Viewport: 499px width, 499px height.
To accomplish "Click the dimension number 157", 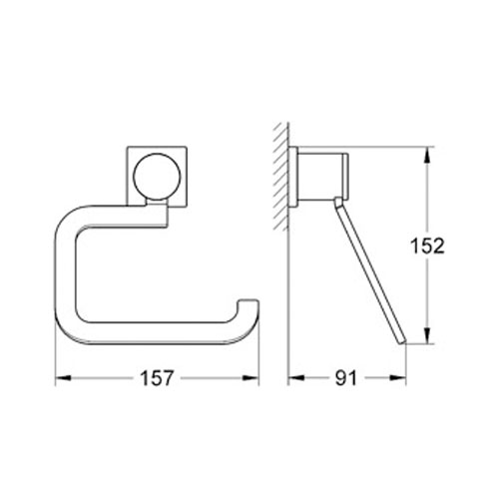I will (157, 378).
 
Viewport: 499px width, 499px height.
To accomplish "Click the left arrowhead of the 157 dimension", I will (59, 378).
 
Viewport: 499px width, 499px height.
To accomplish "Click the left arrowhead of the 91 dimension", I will (292, 378).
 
